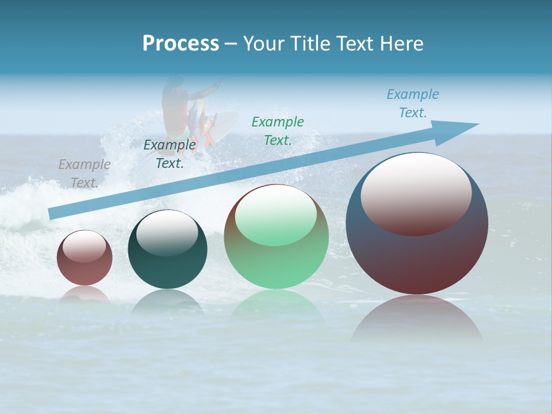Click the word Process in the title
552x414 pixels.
[x=181, y=44]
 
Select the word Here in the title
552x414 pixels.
[x=402, y=44]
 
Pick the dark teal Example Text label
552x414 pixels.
[x=170, y=154]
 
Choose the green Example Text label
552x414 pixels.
[x=278, y=131]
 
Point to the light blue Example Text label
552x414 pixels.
[x=412, y=103]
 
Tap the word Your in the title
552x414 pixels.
[x=263, y=44]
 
